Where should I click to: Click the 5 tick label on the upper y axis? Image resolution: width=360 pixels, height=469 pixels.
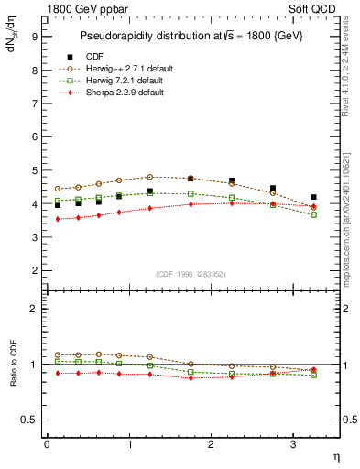click(34, 170)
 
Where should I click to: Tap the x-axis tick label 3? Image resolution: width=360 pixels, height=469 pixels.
click(293, 445)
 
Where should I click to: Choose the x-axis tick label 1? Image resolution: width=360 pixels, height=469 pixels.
click(129, 445)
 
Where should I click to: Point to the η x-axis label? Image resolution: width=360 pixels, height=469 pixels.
click(335, 455)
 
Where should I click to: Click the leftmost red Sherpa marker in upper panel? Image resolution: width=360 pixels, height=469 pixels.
click(58, 219)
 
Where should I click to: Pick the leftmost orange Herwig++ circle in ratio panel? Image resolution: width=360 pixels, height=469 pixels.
click(58, 354)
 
